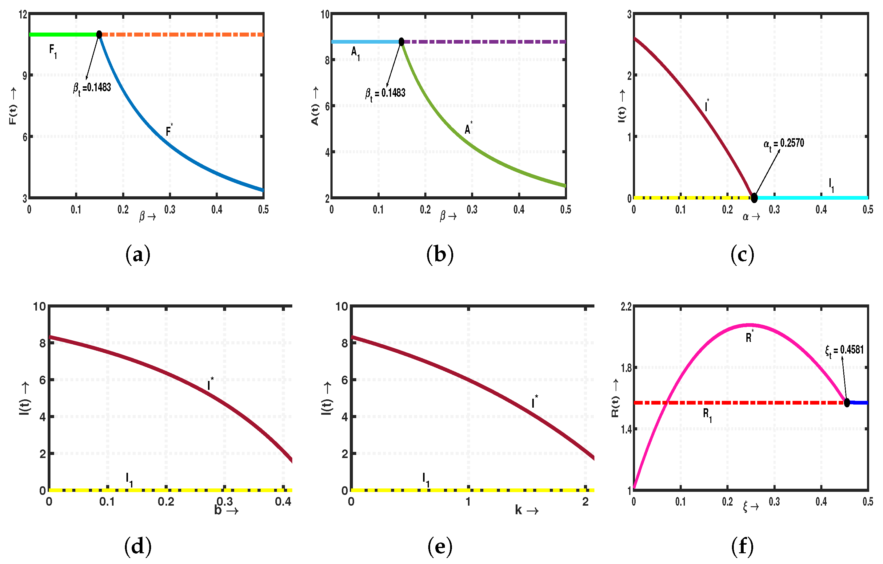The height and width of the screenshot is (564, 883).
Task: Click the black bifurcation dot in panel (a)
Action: (x=99, y=34)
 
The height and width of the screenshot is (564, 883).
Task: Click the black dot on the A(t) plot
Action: (x=401, y=42)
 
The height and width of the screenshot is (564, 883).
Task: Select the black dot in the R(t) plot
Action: (x=847, y=402)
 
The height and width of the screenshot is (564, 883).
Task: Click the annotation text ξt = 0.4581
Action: (x=845, y=350)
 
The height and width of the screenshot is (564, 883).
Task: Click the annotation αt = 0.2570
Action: (x=784, y=143)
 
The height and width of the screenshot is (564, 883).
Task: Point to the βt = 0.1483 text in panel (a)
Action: (x=92, y=88)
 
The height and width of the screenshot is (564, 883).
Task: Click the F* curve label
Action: (x=169, y=130)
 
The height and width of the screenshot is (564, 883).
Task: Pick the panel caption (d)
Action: (x=138, y=546)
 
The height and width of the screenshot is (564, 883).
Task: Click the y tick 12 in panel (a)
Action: (x=23, y=15)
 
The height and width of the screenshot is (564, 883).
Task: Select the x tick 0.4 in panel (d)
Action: (x=283, y=501)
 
